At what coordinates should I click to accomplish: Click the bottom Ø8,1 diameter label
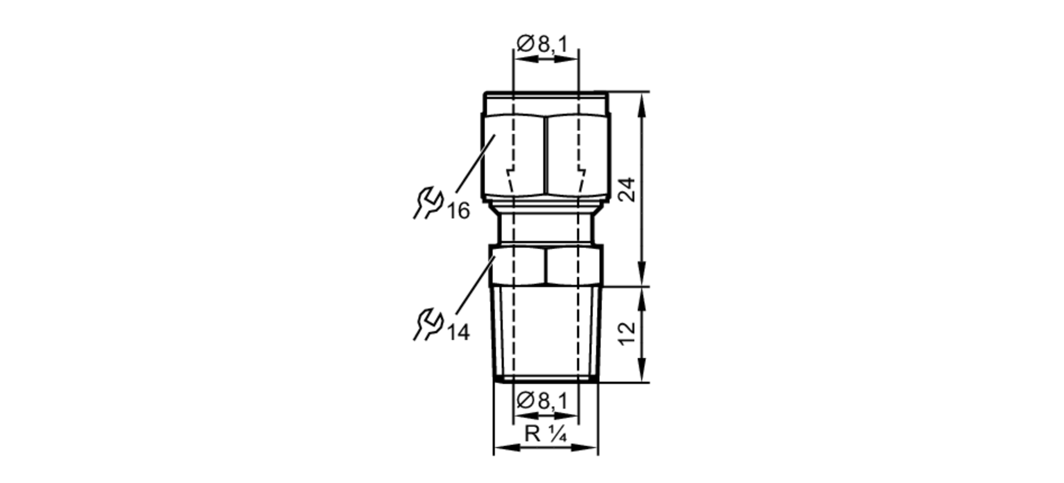[x=542, y=400]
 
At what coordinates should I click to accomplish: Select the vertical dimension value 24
[x=628, y=189]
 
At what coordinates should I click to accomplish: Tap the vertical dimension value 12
[x=628, y=333]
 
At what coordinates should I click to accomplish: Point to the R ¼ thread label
[x=545, y=434]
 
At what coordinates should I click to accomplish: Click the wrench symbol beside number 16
[x=428, y=202]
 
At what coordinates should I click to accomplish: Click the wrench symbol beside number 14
[x=428, y=324]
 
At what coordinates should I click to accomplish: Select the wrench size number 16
[x=458, y=211]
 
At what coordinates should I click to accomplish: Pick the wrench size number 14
[x=458, y=333]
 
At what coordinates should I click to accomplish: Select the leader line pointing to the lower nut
[x=475, y=285]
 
